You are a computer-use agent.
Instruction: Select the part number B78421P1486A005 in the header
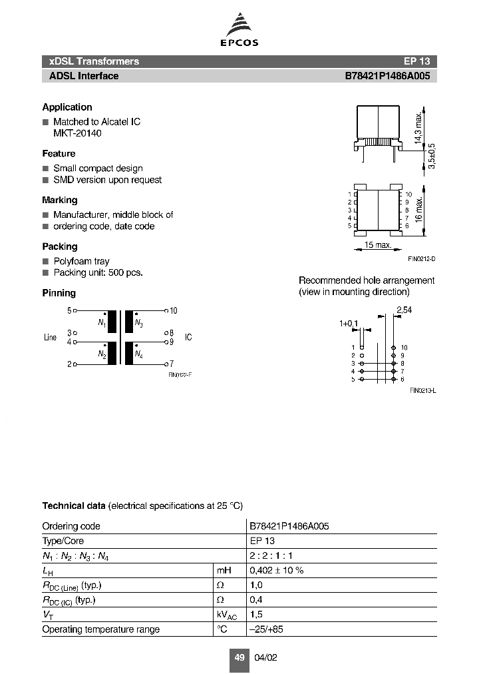click(x=387, y=76)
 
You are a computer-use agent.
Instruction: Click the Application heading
click(x=67, y=107)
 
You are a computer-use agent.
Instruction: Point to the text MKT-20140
click(x=77, y=133)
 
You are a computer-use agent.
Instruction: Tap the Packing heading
click(x=60, y=246)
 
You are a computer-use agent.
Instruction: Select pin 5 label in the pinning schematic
click(x=69, y=310)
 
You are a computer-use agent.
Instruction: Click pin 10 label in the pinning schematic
click(x=173, y=310)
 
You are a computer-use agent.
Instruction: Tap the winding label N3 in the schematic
click(x=138, y=324)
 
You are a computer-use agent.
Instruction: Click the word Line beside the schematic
click(x=51, y=338)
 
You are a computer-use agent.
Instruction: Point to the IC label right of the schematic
click(x=188, y=338)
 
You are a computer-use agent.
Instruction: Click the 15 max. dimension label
click(x=377, y=246)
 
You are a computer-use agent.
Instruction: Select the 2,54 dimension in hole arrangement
click(x=403, y=310)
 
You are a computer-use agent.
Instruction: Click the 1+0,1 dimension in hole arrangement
click(x=348, y=324)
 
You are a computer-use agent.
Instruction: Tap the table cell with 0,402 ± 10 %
click(x=276, y=571)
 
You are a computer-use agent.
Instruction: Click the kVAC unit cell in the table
click(x=227, y=614)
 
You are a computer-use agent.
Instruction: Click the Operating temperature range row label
click(x=100, y=629)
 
